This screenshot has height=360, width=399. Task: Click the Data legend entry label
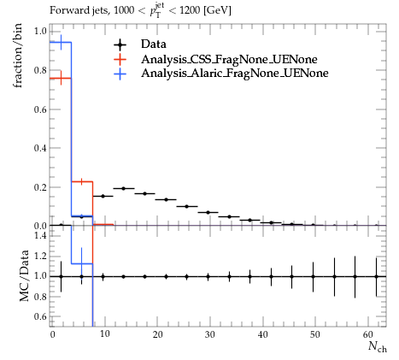[x=153, y=44]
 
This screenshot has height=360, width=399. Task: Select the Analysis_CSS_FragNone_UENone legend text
[x=229, y=59]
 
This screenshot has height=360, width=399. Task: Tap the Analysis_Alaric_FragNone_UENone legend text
[x=235, y=74]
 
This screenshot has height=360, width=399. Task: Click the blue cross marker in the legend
[x=120, y=74]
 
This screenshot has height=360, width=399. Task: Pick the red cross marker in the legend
[x=120, y=59]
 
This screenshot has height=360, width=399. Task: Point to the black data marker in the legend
[x=120, y=44]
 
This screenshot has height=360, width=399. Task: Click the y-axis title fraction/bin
[x=18, y=56]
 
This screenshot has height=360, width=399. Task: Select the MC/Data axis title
[x=25, y=275]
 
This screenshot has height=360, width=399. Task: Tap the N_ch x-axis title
[x=378, y=346]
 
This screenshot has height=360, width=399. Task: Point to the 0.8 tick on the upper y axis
[x=40, y=70]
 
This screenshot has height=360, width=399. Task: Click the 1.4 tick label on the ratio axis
[x=40, y=235]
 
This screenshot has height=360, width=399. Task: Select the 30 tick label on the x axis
[x=210, y=334]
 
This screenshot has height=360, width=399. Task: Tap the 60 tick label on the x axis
[x=368, y=334]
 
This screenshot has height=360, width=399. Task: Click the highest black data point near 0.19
[x=124, y=188]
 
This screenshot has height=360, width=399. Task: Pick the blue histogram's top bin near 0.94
[x=61, y=42]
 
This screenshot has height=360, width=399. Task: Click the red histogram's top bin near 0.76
[x=61, y=78]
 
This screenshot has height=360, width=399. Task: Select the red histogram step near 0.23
[x=82, y=181]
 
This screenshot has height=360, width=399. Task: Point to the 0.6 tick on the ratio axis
[x=40, y=316]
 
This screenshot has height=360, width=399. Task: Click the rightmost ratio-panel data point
[x=376, y=276]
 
